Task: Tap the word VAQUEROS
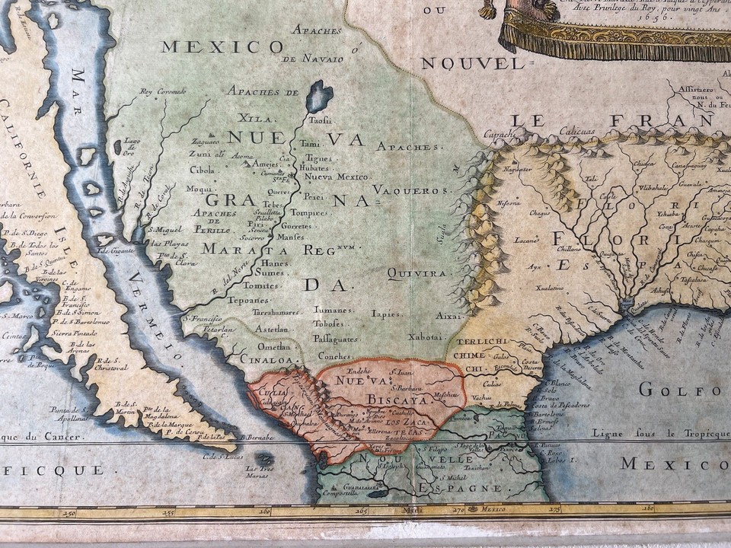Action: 411,190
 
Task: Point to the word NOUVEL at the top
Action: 473,63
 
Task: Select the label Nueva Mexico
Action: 337,177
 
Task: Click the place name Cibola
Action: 202,170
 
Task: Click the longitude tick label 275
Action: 554,509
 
